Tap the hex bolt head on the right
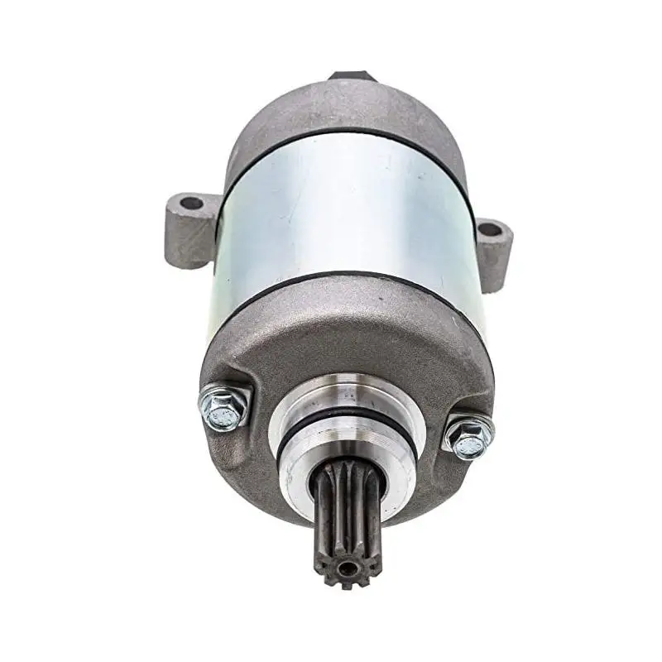tap(468, 437)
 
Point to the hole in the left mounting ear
tap(191, 203)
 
